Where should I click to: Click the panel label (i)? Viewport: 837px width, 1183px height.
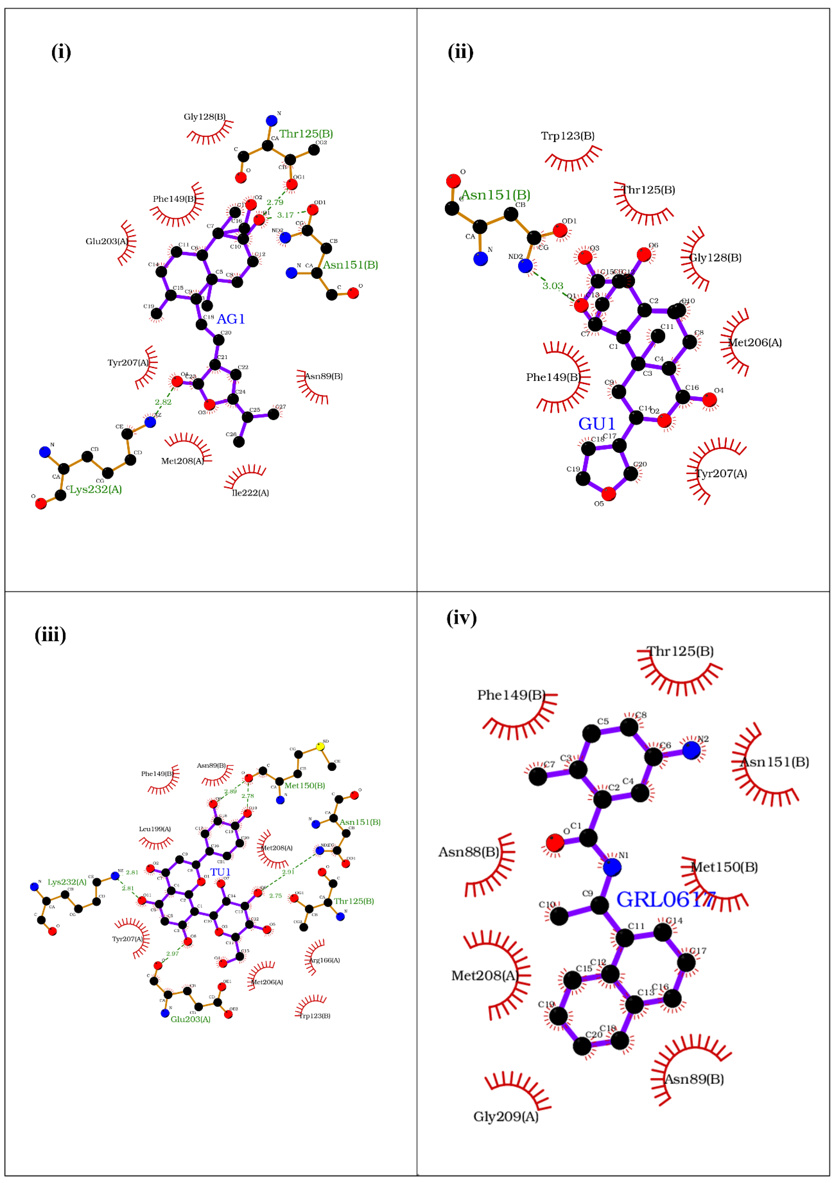[61, 52]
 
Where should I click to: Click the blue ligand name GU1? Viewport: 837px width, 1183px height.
[597, 424]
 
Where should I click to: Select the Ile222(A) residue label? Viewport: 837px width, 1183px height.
[251, 493]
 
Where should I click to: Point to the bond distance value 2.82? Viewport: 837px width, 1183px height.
[163, 402]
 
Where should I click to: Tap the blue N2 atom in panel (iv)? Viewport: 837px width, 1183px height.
[691, 750]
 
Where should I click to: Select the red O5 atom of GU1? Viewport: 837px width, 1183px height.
[609, 494]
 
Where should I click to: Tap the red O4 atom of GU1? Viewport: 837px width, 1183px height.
[709, 399]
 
